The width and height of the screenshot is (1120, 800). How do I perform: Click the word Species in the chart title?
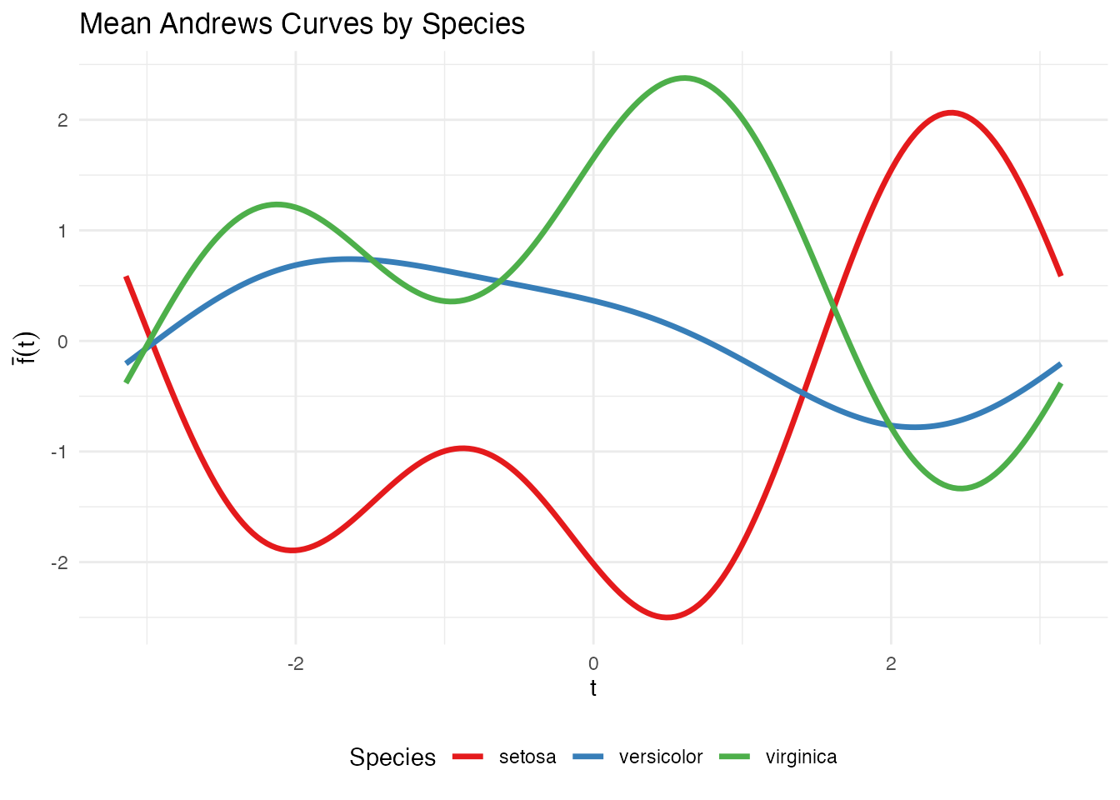point(473,25)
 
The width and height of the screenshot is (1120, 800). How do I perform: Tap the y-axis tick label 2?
point(62,120)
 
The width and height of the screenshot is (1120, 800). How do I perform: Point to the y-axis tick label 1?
point(62,231)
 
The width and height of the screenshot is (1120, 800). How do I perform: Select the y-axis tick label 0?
point(62,342)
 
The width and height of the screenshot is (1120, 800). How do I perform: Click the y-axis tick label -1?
point(59,452)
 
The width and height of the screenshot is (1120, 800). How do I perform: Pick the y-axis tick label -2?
point(59,563)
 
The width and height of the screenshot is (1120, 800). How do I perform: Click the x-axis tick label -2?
point(295,664)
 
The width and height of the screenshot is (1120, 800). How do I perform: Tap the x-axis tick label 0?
point(593,664)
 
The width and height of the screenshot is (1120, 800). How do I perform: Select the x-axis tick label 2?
point(891,664)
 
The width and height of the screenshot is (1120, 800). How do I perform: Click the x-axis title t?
point(593,688)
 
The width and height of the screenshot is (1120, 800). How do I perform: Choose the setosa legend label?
point(527,757)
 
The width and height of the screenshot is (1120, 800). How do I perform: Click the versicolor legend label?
point(661,757)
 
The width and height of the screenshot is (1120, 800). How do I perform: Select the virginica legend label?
point(801,757)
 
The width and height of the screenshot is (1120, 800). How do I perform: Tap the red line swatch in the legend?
point(468,757)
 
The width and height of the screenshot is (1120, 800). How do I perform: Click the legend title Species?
point(392,757)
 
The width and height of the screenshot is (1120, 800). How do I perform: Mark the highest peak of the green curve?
point(685,78)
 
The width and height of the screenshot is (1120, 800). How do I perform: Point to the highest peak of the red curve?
point(951,112)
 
